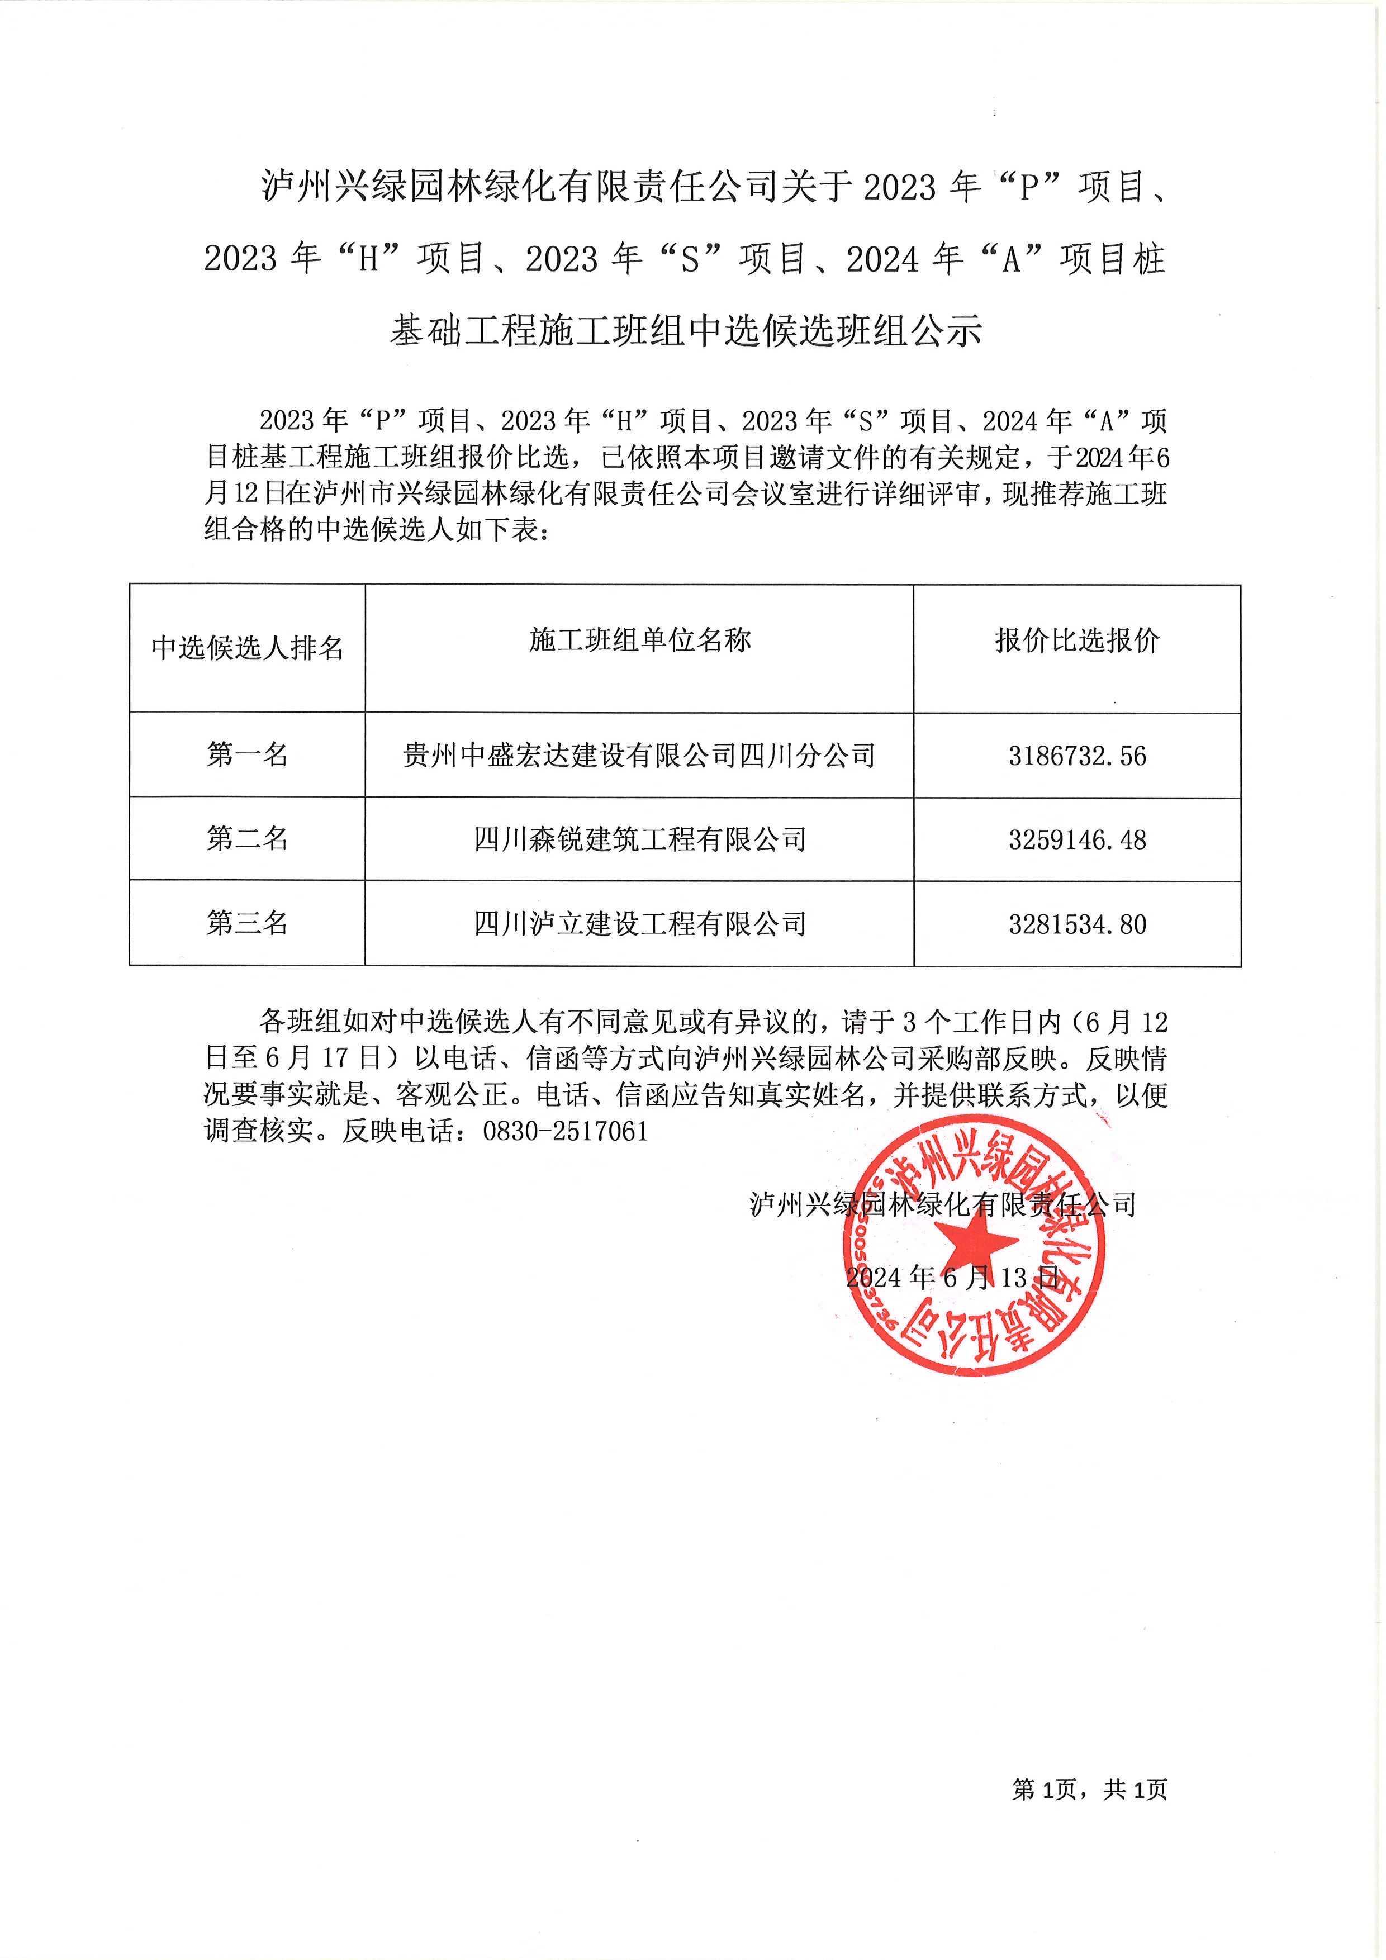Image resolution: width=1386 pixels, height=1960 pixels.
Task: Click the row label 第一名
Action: click(x=248, y=754)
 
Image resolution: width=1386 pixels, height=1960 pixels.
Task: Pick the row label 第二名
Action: click(x=248, y=838)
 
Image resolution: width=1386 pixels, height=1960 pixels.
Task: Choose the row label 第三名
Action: click(x=248, y=923)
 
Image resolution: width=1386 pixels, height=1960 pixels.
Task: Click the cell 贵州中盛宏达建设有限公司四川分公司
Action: click(x=639, y=756)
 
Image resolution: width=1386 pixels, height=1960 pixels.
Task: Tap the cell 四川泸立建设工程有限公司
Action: click(x=639, y=924)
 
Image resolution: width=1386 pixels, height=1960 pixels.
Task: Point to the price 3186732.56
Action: click(x=1077, y=756)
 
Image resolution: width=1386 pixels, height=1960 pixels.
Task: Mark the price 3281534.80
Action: click(x=1077, y=924)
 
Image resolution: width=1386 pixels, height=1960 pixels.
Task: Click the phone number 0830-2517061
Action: click(x=565, y=1132)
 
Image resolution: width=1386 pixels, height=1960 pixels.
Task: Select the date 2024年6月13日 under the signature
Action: click(x=952, y=1278)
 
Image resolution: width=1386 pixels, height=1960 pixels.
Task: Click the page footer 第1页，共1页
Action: click(x=1089, y=1790)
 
